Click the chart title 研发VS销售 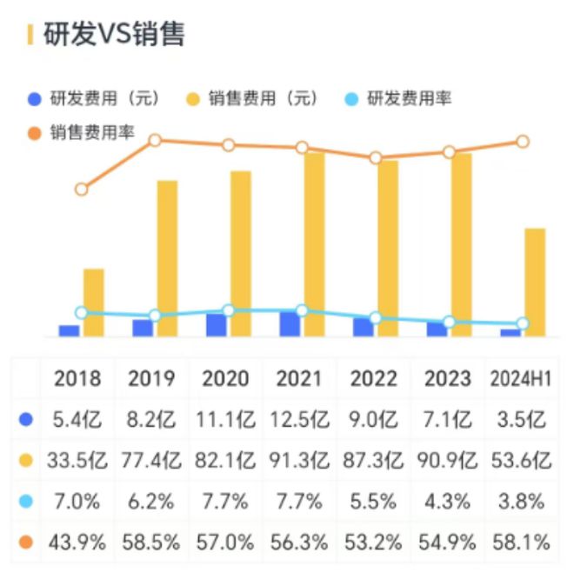point(114,35)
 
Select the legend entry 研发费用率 point(397,98)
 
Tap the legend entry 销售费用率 point(81,132)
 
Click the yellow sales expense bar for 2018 point(93,303)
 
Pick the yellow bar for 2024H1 point(535,283)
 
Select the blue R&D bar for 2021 point(290,324)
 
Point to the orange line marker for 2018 point(82,190)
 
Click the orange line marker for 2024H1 point(523,142)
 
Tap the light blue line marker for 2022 point(376,318)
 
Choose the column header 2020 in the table point(225,378)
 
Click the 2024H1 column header point(521,378)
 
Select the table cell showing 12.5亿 point(299,420)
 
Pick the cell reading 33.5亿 point(77,461)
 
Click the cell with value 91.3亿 point(299,461)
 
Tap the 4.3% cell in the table point(447,502)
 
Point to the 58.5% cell point(151,542)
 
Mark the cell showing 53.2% point(373,542)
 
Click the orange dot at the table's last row point(26,542)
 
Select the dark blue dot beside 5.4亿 point(26,420)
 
